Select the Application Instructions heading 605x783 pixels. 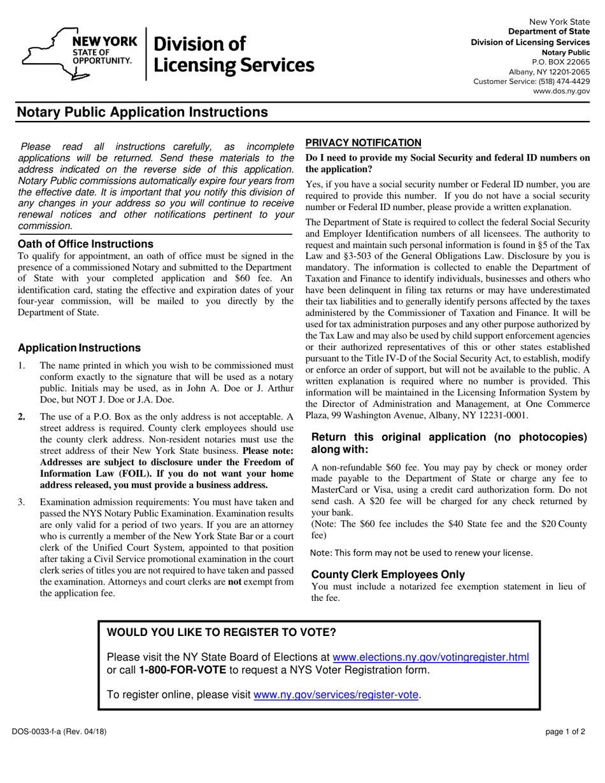pyautogui.click(x=80, y=348)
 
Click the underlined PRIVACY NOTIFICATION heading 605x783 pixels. pyautogui.click(x=363, y=143)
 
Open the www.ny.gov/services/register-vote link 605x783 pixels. pyautogui.click(x=336, y=695)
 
